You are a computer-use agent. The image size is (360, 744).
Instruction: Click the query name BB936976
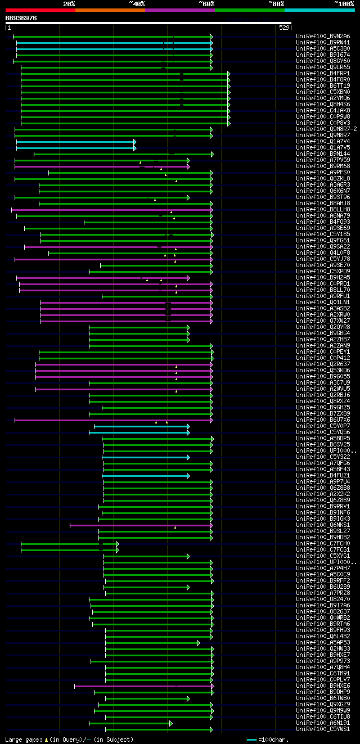(21, 18)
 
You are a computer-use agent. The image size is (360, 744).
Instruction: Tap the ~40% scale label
(137, 3)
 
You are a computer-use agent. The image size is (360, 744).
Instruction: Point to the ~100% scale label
(344, 3)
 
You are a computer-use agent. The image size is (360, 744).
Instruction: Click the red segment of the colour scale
(40, 10)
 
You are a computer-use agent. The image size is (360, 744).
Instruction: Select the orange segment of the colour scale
(110, 10)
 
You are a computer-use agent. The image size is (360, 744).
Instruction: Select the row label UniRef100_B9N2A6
(315, 36)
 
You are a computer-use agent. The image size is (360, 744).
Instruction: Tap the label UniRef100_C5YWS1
(315, 729)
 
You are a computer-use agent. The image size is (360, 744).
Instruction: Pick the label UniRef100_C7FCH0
(315, 543)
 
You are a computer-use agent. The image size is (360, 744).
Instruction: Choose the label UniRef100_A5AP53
(315, 642)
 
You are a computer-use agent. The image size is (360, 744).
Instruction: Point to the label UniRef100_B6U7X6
(315, 420)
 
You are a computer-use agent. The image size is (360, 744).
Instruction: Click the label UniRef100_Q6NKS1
(315, 525)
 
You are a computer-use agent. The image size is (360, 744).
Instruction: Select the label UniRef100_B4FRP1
(315, 73)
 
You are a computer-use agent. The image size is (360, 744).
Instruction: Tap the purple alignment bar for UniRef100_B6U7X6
(112, 420)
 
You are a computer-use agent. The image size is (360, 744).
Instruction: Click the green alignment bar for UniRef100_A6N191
(130, 723)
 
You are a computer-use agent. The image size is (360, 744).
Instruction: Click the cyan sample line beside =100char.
(251, 740)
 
